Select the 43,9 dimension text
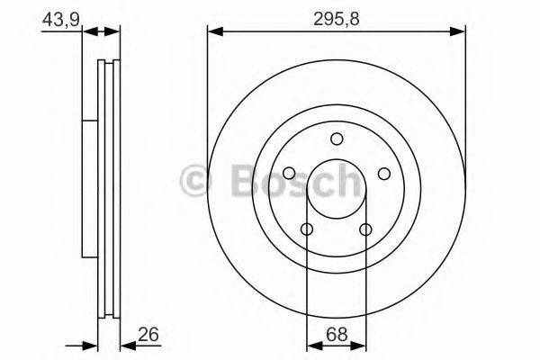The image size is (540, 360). (x=57, y=18)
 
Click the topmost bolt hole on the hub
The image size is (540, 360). (x=337, y=139)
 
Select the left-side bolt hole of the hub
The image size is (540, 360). (x=289, y=174)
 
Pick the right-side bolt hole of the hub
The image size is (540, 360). (x=384, y=174)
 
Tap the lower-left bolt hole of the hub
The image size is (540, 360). (x=307, y=229)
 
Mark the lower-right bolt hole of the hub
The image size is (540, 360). (x=366, y=229)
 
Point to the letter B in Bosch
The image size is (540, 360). (x=238, y=179)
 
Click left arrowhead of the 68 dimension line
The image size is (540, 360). (x=311, y=344)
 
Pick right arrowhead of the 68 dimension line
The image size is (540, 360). (x=361, y=344)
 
